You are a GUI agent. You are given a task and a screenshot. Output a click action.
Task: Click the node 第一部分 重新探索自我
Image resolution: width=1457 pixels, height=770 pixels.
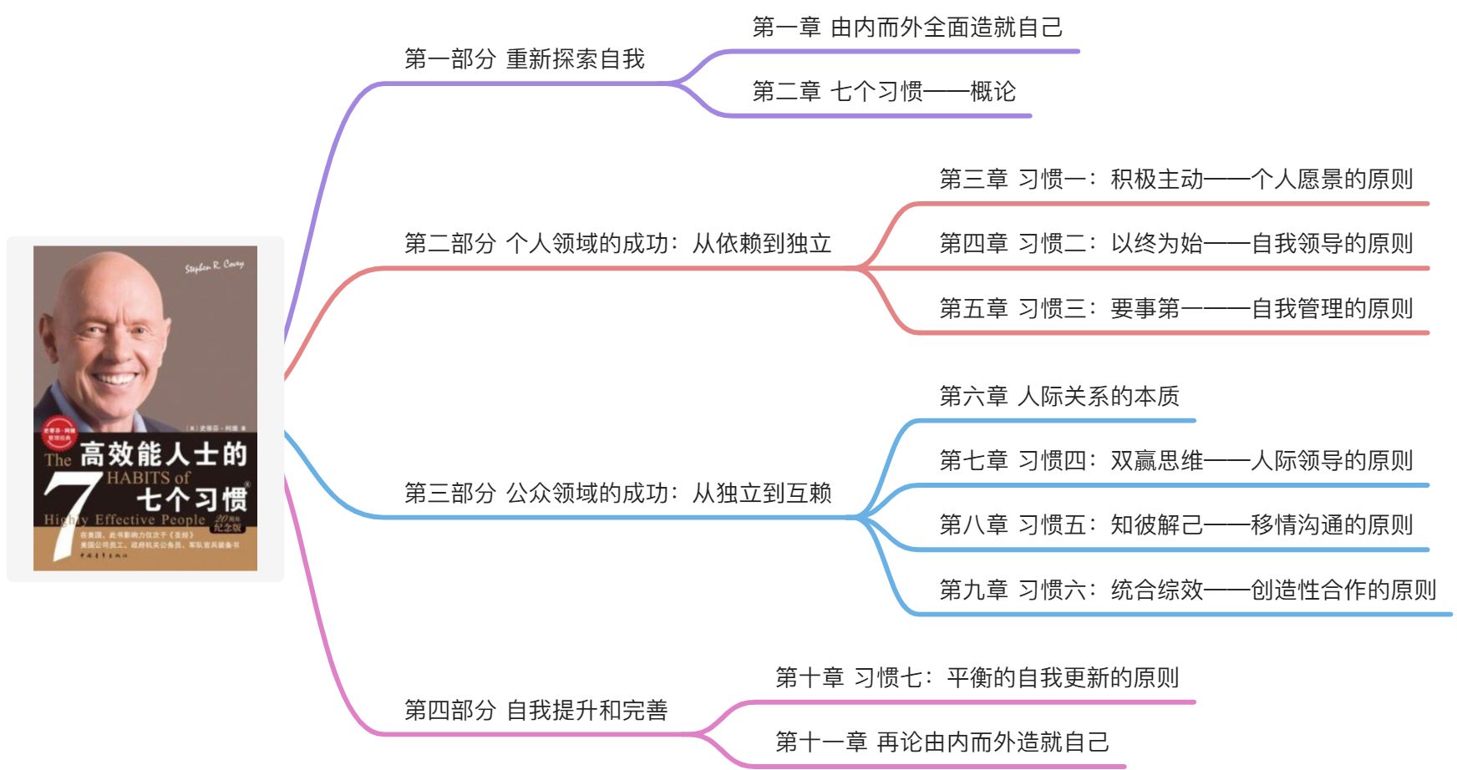click(524, 59)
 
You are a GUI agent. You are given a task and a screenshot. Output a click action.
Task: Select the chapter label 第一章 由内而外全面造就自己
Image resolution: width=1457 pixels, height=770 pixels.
click(906, 28)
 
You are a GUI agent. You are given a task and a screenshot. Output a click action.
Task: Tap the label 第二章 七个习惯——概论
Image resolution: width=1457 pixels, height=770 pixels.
click(883, 91)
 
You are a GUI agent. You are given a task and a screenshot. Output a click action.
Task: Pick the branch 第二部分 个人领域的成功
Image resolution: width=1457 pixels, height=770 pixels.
click(617, 243)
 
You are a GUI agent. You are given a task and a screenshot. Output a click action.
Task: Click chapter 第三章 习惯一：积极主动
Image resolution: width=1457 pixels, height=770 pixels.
click(1175, 179)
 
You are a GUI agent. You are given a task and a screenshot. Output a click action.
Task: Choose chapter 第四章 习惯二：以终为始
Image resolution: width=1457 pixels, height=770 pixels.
click(1175, 243)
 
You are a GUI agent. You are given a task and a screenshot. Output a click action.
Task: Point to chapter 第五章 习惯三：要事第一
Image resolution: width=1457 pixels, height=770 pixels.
click(1175, 308)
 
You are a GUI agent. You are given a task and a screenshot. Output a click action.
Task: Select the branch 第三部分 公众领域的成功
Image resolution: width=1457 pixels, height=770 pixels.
click(617, 493)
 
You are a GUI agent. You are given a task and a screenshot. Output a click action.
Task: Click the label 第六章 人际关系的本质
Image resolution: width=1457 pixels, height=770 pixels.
click(1058, 396)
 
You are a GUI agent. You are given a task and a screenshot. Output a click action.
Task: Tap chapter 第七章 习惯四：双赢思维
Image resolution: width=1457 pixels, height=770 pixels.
click(1175, 460)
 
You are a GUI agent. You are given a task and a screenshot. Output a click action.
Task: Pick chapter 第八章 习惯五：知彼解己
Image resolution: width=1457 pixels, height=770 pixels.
click(1175, 524)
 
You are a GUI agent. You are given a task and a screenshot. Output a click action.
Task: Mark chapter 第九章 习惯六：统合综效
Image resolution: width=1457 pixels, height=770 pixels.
click(1186, 590)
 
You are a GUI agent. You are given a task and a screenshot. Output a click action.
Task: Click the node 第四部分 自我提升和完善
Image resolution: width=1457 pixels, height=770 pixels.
click(536, 710)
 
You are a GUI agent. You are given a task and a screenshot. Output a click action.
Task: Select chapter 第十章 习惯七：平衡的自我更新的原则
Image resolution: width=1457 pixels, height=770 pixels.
click(977, 677)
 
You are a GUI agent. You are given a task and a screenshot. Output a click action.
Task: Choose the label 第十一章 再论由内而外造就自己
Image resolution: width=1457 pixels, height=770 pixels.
click(942, 742)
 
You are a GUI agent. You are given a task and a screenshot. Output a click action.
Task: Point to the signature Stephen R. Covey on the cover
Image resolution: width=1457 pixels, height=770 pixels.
click(214, 266)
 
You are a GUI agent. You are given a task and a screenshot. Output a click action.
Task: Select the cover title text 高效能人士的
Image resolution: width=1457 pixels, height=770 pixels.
click(164, 454)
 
